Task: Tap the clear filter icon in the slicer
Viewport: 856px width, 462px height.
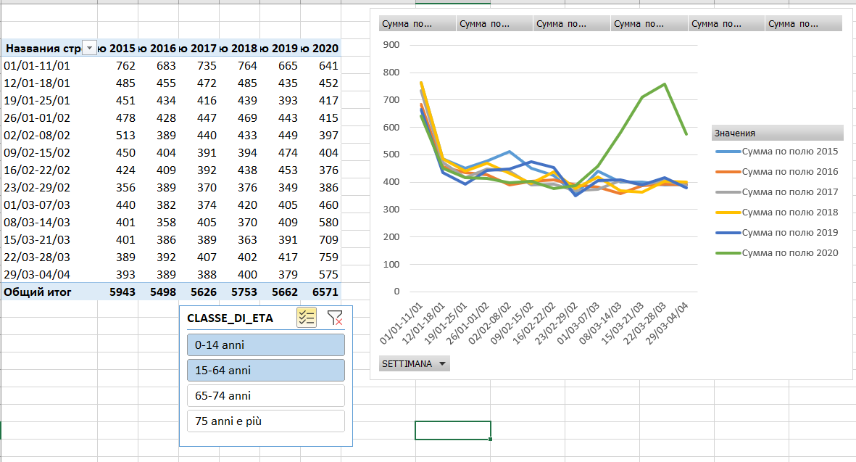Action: [x=334, y=317]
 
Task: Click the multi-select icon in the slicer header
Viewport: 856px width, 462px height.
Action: [x=306, y=317]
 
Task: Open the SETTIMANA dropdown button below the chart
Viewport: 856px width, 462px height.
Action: [x=414, y=363]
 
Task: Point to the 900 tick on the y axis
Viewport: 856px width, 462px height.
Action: [x=392, y=45]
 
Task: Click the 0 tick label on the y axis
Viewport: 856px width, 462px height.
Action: [x=396, y=292]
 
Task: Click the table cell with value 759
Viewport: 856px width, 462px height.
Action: [x=328, y=257]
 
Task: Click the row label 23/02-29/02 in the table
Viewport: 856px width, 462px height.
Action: [x=37, y=187]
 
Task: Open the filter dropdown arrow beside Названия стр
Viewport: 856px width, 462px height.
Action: [x=89, y=49]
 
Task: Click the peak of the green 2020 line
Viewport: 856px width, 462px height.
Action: [x=665, y=84]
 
